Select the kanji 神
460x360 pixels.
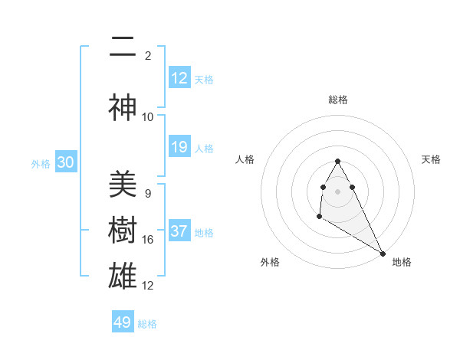tap(123, 108)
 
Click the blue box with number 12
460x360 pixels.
tap(179, 78)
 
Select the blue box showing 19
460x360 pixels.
tap(179, 147)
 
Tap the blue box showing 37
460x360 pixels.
tap(179, 231)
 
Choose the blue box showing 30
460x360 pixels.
tap(65, 163)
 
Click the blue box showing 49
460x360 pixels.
tap(123, 322)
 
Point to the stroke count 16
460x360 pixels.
tap(148, 240)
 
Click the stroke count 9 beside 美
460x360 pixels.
tap(148, 194)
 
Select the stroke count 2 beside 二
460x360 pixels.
tap(148, 56)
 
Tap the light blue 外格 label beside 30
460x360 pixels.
tap(41, 164)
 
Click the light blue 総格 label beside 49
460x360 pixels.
tap(147, 324)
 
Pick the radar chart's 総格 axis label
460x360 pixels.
tap(338, 100)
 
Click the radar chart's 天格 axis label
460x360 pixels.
tap(432, 159)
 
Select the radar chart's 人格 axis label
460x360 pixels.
tap(245, 159)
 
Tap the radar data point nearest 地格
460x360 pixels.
tap(383, 253)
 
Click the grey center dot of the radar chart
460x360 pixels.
tap(338, 191)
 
